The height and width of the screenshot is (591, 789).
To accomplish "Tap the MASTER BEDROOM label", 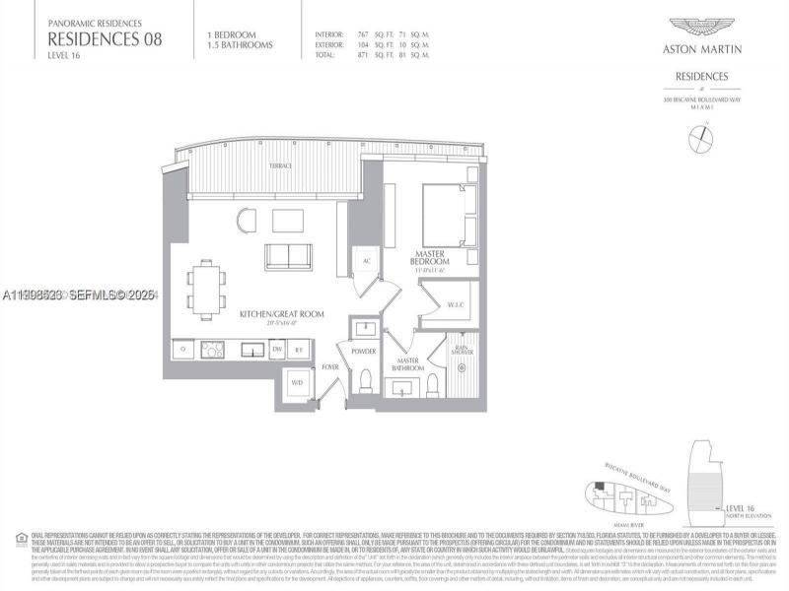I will pos(432,261).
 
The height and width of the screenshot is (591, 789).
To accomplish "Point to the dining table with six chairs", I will pos(206,290).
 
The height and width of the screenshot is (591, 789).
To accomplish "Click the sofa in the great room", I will pos(288,256).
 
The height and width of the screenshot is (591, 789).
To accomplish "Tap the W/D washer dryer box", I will pos(297,383).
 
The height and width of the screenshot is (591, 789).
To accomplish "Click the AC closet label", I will pos(366,262).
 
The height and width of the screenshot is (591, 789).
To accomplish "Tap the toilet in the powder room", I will pos(363,379).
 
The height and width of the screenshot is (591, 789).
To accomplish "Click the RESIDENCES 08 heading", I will pos(105,39).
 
